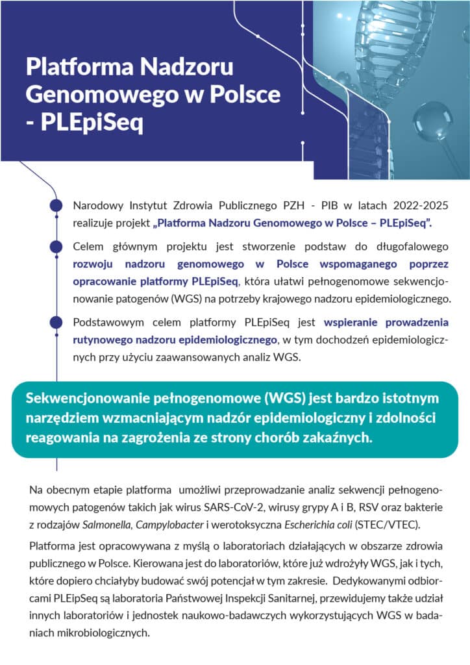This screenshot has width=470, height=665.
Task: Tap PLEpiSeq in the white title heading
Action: coord(92,123)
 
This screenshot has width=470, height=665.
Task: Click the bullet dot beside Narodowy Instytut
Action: coord(56,207)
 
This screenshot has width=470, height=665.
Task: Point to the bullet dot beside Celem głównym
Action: coord(56,247)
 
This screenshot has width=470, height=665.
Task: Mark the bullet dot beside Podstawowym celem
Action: coord(56,322)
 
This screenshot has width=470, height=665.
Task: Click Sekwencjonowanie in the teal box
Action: coord(82,398)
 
